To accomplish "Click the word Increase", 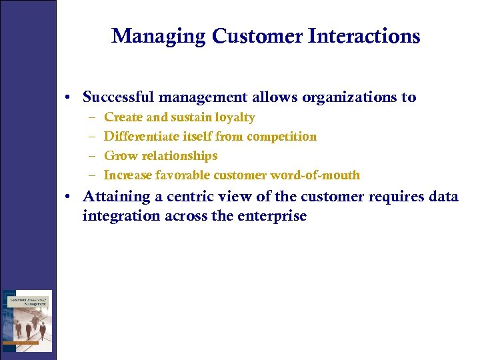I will [x=128, y=175].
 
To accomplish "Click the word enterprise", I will [x=271, y=216].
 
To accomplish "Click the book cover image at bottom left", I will [x=27, y=321].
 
